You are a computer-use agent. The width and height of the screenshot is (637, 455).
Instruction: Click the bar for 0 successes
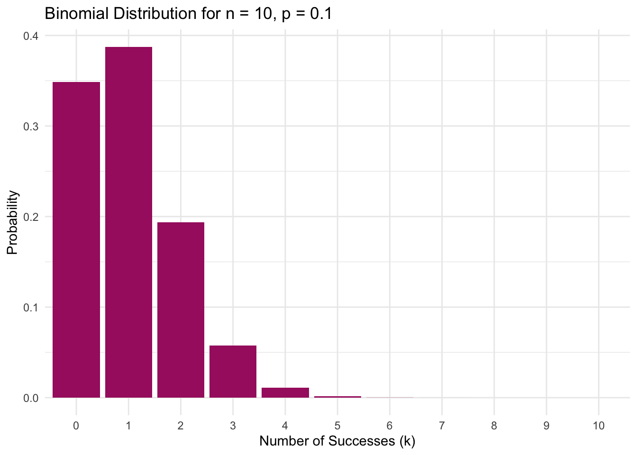coord(76,239)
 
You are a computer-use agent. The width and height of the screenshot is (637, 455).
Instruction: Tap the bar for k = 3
coord(233,372)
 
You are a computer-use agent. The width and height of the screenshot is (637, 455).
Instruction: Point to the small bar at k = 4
coord(285,393)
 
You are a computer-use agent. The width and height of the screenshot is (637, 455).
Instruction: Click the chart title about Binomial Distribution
coord(188,13)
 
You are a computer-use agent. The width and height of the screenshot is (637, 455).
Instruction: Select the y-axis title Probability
coord(12,222)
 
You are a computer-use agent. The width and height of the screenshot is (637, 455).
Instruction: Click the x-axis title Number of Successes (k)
coord(337,441)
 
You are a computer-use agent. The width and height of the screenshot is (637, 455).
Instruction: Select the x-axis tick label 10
coord(599,426)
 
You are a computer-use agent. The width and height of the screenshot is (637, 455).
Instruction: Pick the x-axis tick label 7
coord(442,426)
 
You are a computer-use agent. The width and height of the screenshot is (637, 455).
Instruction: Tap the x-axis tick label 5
coord(337,426)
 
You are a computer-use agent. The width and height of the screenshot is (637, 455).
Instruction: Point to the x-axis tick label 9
coord(546,426)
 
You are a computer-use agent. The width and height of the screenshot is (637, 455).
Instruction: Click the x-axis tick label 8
coord(494,426)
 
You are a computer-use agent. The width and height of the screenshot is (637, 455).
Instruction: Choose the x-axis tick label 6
coord(390,426)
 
